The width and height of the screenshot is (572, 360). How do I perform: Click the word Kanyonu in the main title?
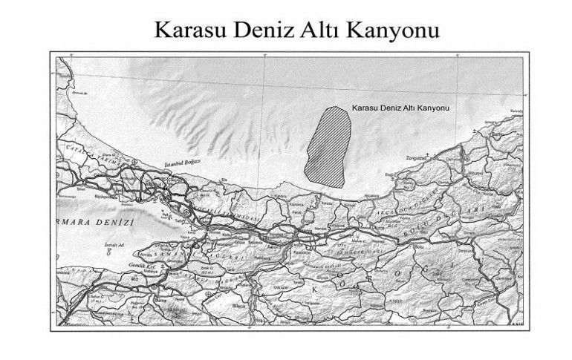(x=387, y=30)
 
